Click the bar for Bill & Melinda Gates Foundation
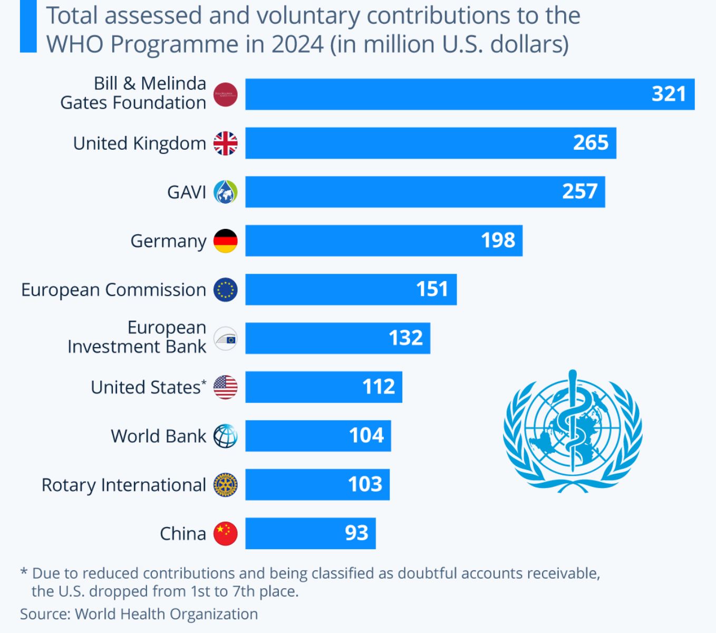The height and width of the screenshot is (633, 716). tap(469, 94)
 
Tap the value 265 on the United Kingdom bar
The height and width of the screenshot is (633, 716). tap(591, 143)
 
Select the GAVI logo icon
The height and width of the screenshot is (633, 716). tap(225, 192)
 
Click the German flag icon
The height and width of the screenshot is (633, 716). tap(225, 241)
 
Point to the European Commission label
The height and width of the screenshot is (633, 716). tap(113, 290)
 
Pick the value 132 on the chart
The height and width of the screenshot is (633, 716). tap(405, 338)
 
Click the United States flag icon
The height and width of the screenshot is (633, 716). tap(225, 387)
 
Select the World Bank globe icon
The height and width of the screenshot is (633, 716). tap(225, 436)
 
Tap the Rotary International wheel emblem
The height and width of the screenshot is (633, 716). tap(225, 485)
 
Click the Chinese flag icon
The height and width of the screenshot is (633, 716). tap(225, 534)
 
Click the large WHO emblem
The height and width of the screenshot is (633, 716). tap(573, 431)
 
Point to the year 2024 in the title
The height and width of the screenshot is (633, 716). tap(297, 44)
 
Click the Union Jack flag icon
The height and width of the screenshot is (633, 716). tap(225, 143)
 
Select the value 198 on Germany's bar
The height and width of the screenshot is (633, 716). tap(498, 241)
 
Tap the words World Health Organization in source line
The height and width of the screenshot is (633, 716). tap(166, 614)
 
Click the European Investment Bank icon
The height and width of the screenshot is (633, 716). tap(225, 339)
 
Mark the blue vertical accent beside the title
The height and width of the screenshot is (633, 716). tap(28, 26)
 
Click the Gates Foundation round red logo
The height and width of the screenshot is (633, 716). tap(225, 94)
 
